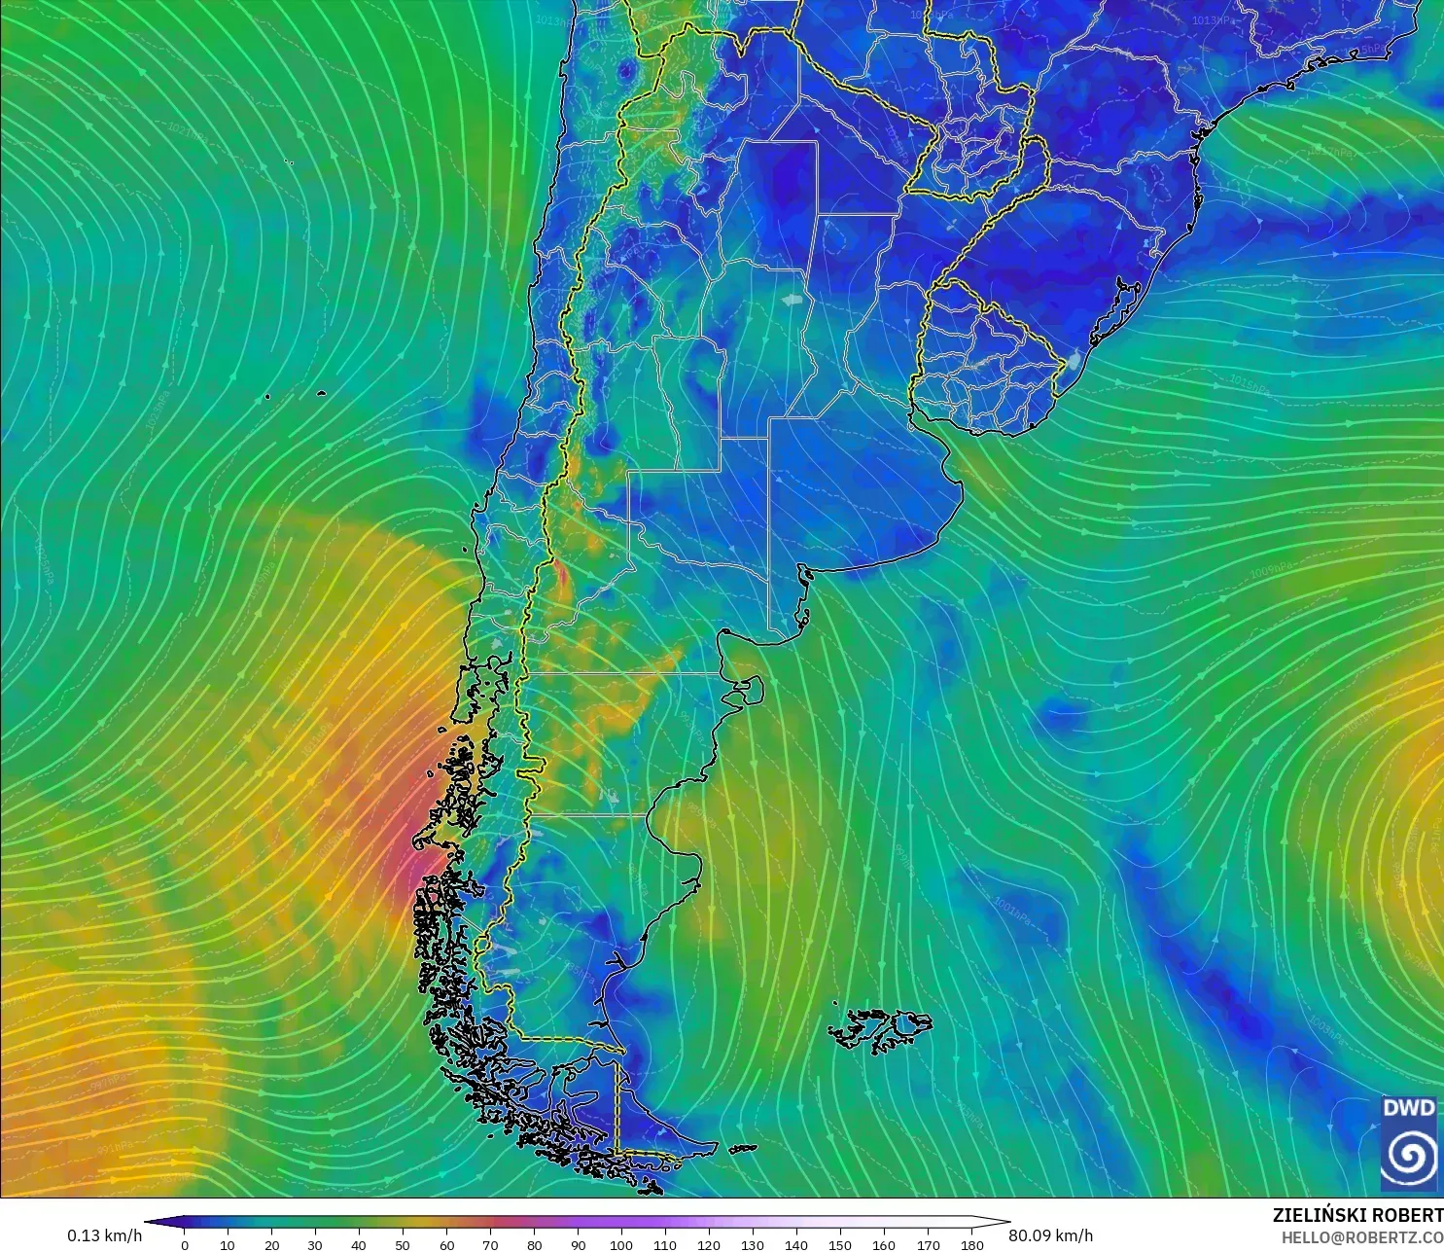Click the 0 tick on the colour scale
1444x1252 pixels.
pyautogui.click(x=185, y=1244)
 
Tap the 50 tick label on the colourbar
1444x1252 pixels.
pyautogui.click(x=403, y=1244)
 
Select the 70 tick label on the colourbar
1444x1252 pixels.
pyautogui.click(x=490, y=1244)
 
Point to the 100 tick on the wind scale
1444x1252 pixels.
pyautogui.click(x=621, y=1244)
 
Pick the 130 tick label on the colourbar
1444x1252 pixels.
pyautogui.click(x=753, y=1244)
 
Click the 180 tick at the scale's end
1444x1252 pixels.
pyautogui.click(x=971, y=1244)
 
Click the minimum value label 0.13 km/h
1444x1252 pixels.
pyautogui.click(x=104, y=1235)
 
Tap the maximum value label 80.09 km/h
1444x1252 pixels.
pyautogui.click(x=1050, y=1235)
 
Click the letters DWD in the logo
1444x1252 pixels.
pyautogui.click(x=1408, y=1108)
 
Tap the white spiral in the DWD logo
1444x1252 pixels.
pyautogui.click(x=1409, y=1156)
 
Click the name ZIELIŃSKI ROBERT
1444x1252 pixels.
pyautogui.click(x=1357, y=1215)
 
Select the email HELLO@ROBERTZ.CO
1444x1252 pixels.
pyautogui.click(x=1361, y=1237)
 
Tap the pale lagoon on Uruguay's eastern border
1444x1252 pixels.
pyautogui.click(x=1073, y=362)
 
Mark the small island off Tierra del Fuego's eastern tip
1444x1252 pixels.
pyautogui.click(x=743, y=1149)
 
